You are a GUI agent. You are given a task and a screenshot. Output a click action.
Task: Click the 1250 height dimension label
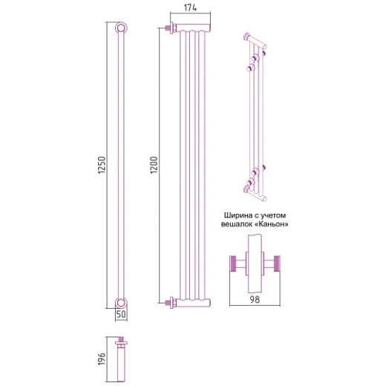[x=102, y=165]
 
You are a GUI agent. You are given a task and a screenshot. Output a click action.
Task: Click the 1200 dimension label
[x=154, y=165]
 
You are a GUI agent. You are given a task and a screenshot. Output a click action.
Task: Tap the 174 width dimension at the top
[x=190, y=7]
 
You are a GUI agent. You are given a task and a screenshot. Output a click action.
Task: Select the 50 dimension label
[x=121, y=314]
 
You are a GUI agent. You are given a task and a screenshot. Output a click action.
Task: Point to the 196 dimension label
[x=102, y=359]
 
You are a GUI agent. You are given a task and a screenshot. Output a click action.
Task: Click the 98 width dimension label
[x=255, y=300]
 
